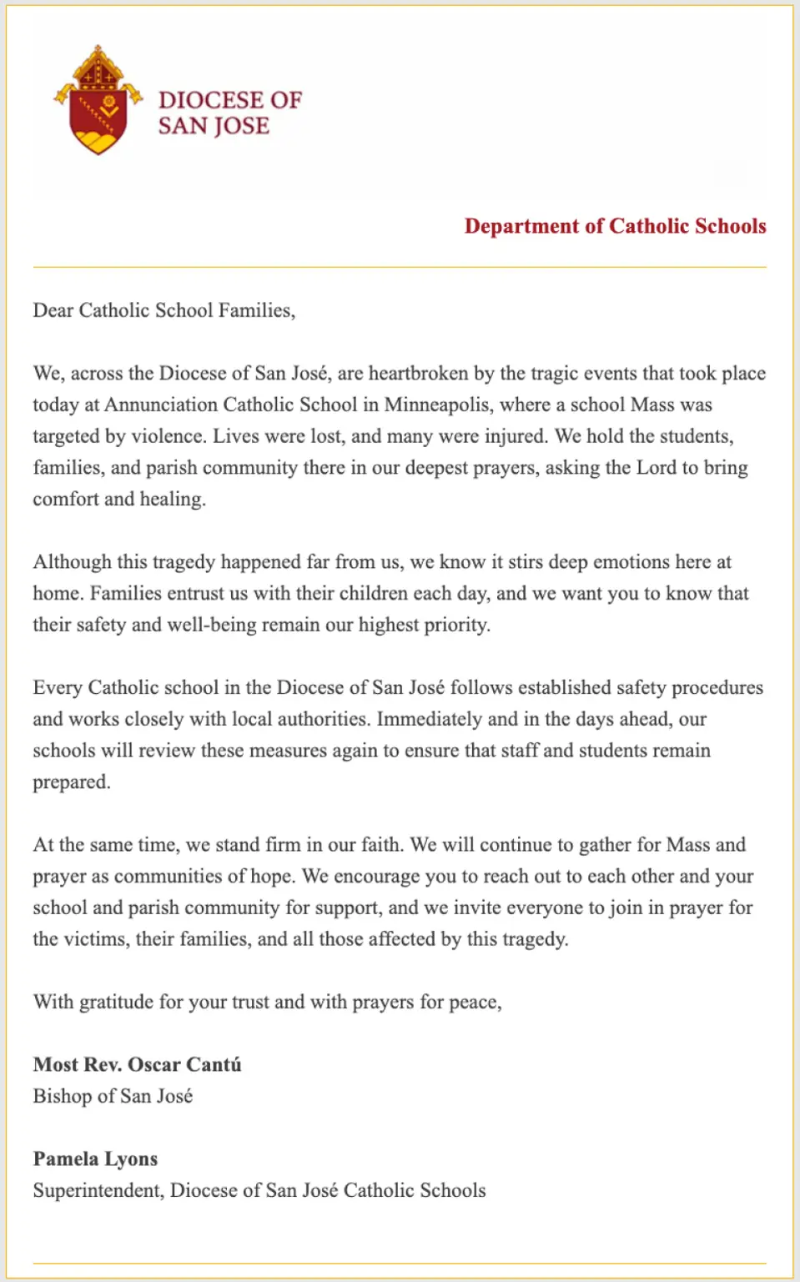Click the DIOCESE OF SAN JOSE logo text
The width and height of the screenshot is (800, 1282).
tap(229, 113)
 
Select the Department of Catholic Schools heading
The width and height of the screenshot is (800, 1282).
tap(615, 226)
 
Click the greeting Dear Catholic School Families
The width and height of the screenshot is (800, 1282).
tap(164, 310)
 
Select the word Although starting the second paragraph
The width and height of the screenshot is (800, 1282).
tap(72, 561)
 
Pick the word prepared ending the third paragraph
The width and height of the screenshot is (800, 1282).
tap(71, 782)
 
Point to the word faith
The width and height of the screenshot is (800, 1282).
tap(381, 845)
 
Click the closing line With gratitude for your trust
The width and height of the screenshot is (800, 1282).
tap(267, 1002)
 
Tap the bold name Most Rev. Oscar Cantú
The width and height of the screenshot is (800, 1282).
tap(137, 1065)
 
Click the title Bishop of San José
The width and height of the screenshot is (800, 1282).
tap(113, 1096)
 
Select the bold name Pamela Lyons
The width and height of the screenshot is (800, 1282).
tap(95, 1159)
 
